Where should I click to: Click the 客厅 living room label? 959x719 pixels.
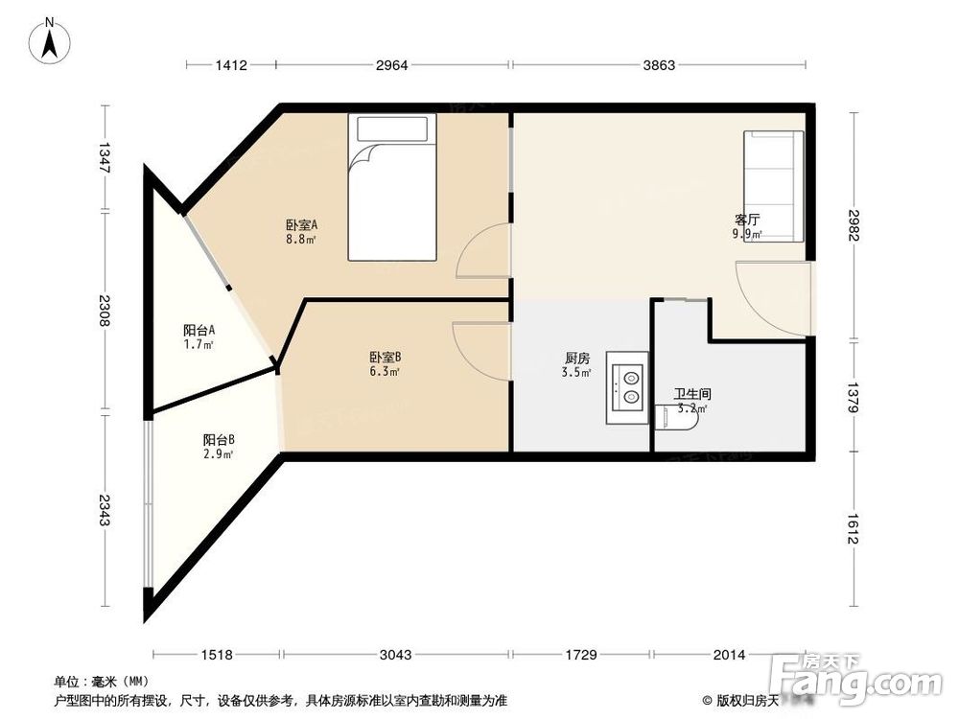coord(747,225)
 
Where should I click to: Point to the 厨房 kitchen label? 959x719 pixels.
coord(577,365)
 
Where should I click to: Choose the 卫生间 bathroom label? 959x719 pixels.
coord(691,400)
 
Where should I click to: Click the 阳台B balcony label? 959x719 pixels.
coord(219,446)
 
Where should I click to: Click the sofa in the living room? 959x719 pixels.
coord(772,186)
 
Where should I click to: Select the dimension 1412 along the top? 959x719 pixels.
coord(231,65)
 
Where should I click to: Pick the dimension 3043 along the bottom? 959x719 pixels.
coord(394,655)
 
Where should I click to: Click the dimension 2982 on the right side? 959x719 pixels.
coord(853,226)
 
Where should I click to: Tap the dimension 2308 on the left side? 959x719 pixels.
coord(104,313)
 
